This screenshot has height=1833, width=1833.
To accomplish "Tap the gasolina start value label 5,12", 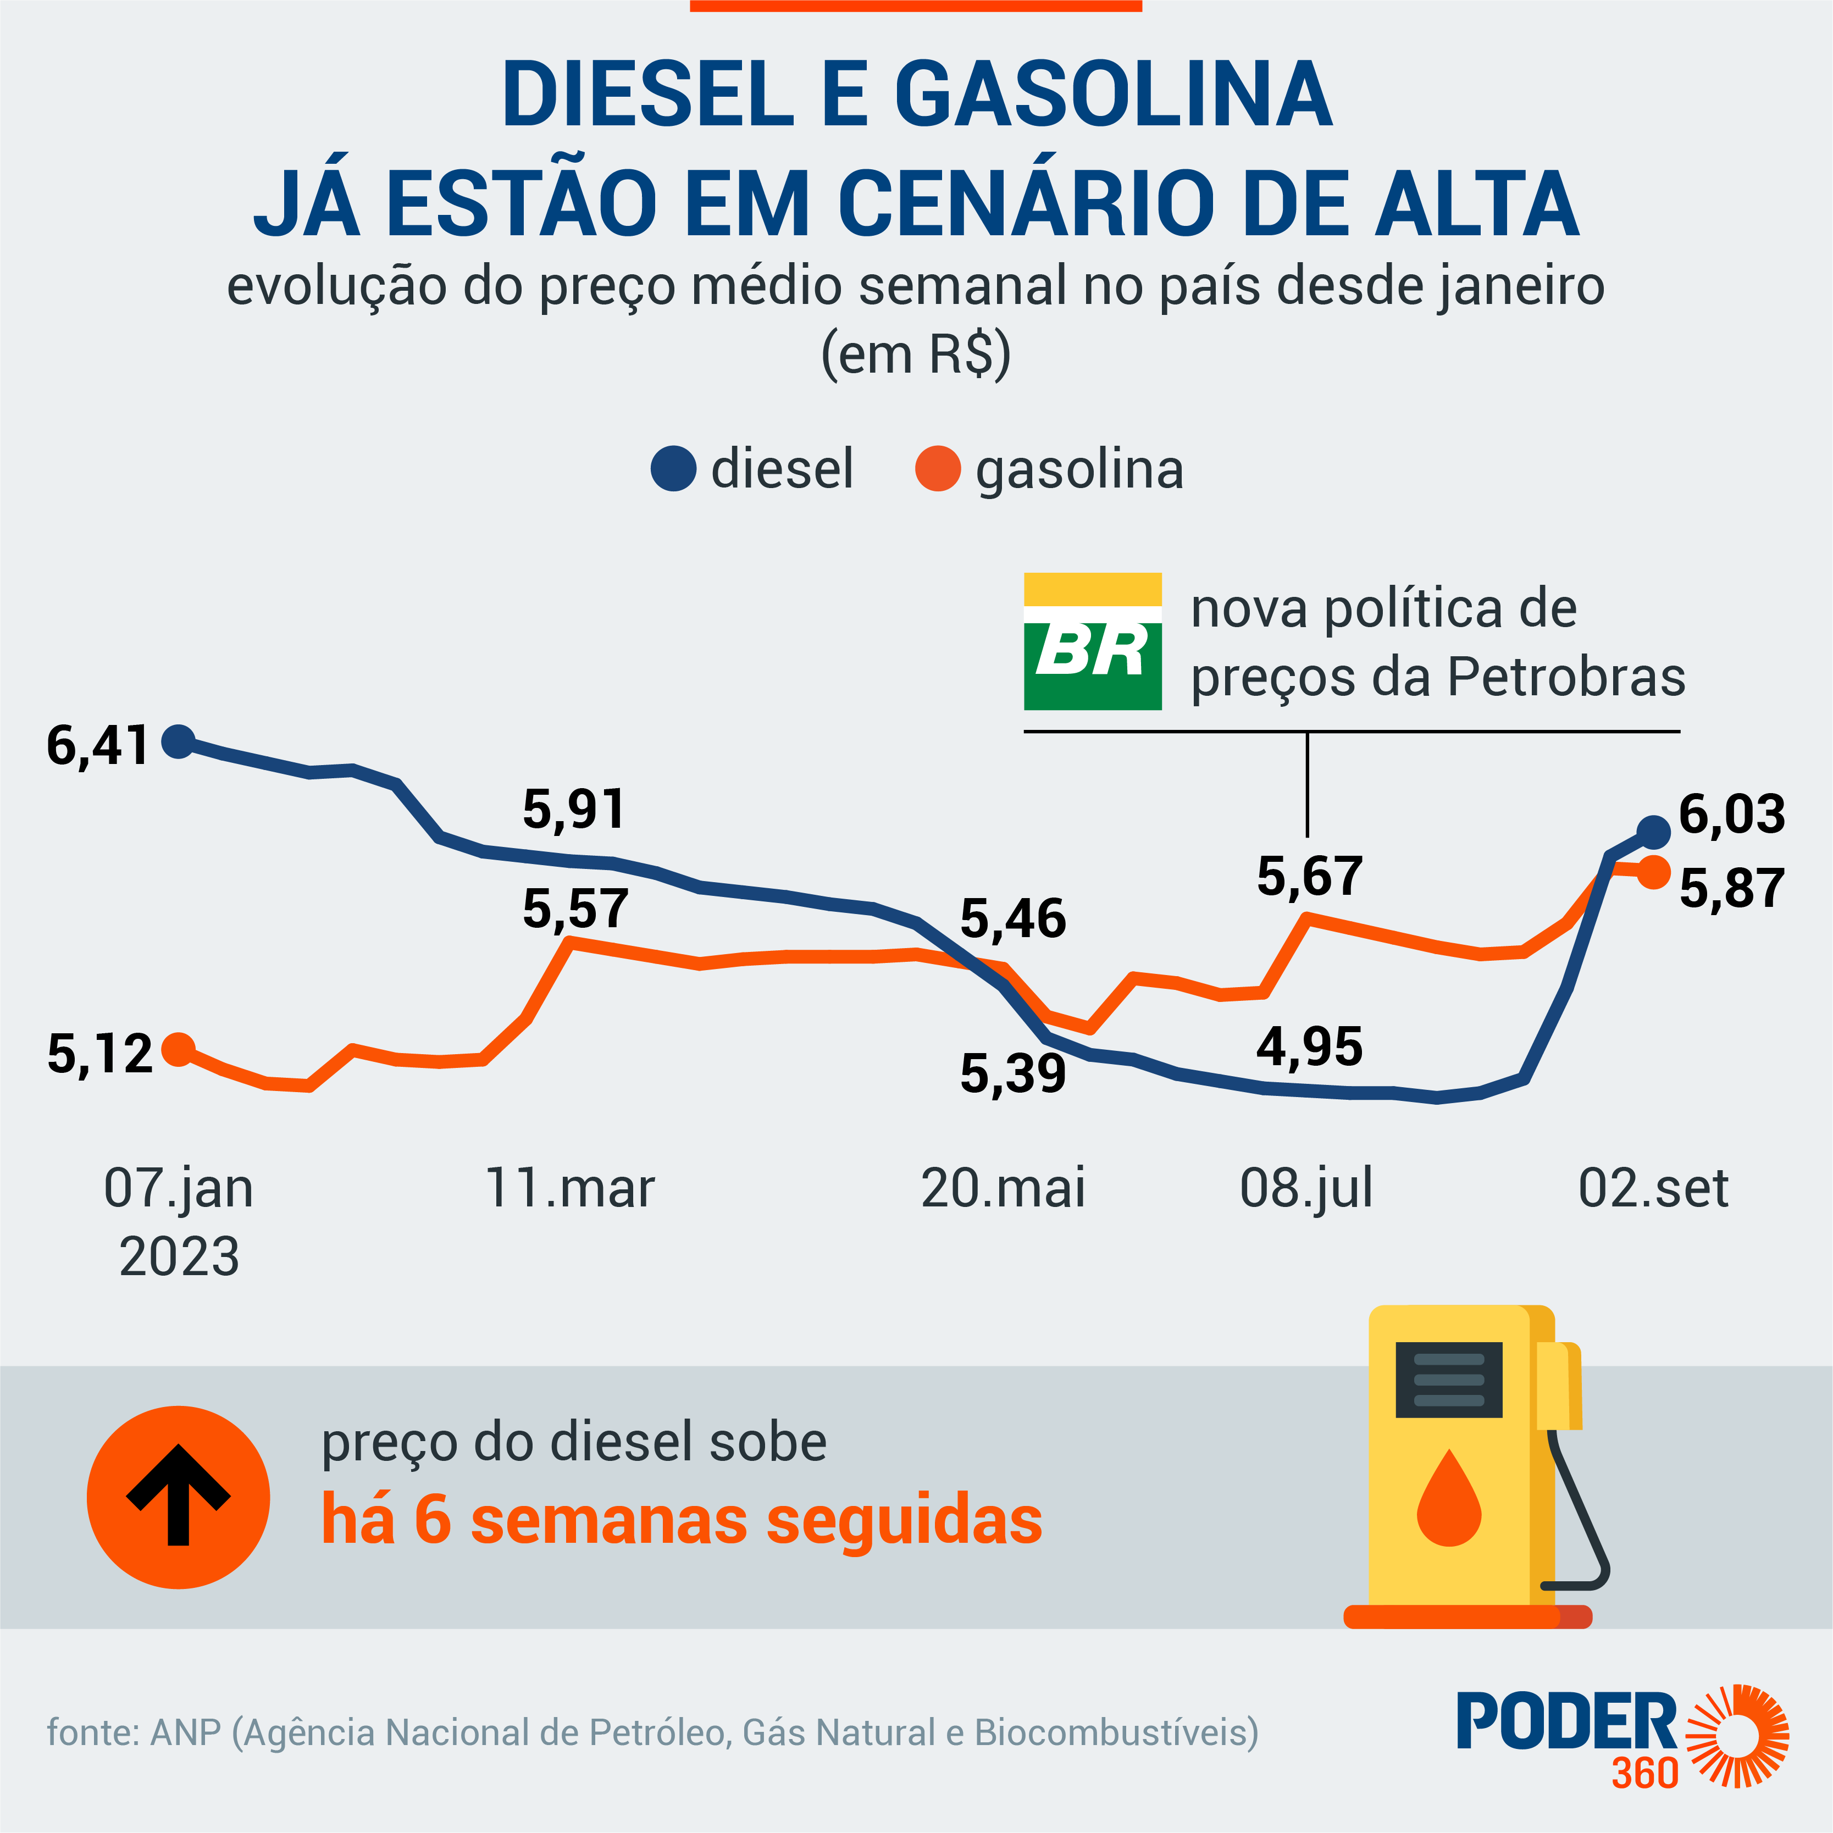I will coord(99,1054).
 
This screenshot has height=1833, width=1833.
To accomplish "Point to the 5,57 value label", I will coord(575,909).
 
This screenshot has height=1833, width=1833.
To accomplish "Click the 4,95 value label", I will coord(1309,1048).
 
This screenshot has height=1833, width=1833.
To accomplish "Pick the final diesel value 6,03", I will coord(1731,814).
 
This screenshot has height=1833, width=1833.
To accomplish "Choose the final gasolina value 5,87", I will coord(1731,889).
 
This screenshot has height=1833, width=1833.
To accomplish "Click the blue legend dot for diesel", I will coord(674,469).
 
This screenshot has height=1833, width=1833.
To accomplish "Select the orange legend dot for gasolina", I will coord(937,469).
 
